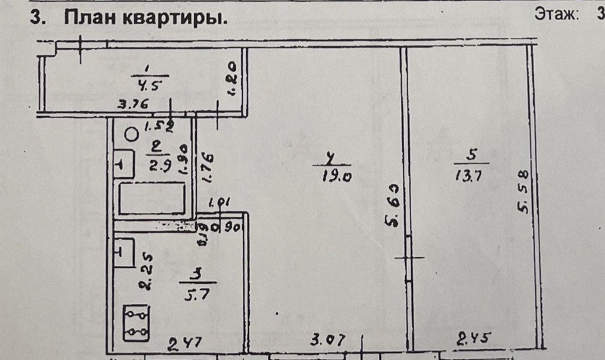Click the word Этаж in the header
click(x=556, y=14)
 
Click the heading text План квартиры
click(x=146, y=18)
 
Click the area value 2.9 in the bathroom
click(x=160, y=166)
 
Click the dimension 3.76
click(x=133, y=106)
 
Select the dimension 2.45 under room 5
click(x=475, y=339)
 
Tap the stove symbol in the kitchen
click(x=136, y=323)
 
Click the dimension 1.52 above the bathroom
click(x=159, y=125)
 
